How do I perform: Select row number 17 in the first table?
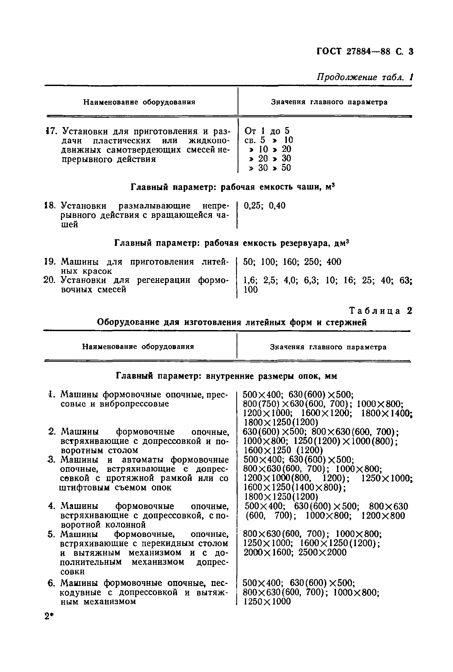51,132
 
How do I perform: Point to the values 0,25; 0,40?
264,206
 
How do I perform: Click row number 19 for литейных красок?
49,262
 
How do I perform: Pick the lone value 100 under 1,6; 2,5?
251,290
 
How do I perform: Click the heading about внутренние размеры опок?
226,376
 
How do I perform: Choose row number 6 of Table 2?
51,583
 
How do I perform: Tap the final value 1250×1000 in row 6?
267,602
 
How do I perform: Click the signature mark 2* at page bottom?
49,616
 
